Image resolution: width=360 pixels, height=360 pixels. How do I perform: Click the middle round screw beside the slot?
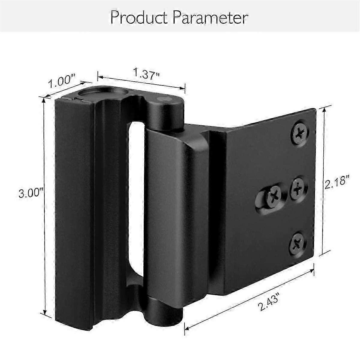pos(298,188)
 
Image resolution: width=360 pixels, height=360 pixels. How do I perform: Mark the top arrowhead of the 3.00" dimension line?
pos(44,99)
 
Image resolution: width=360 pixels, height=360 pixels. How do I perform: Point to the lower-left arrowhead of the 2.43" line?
pos(186,333)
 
